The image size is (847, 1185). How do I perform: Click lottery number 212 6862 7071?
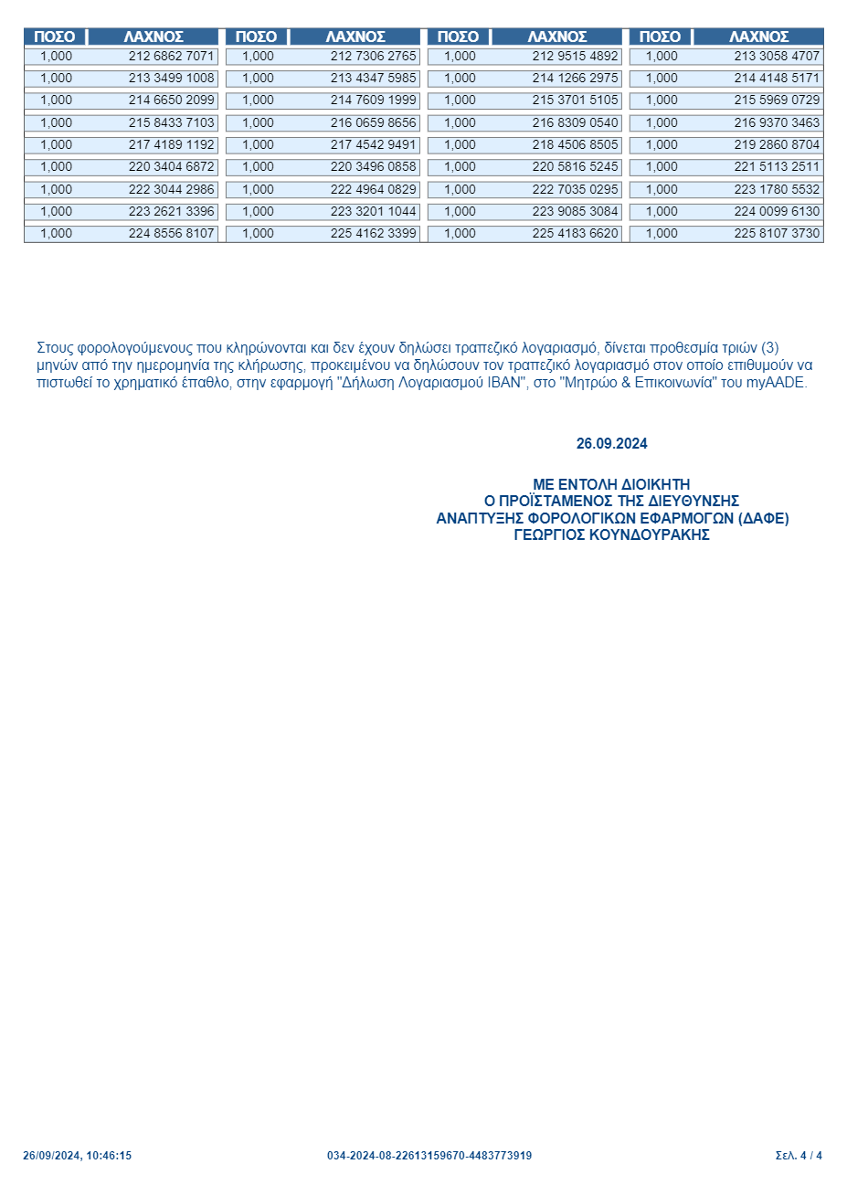pos(171,56)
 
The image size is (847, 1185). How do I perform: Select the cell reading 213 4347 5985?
pos(373,79)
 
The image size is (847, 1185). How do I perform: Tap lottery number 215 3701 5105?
pos(575,101)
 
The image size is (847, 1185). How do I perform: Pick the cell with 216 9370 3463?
pos(777,122)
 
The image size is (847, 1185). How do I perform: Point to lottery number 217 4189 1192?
pos(171,144)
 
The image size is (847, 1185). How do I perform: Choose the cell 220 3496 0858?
pos(373,167)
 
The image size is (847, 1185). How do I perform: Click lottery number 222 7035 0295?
pos(575,189)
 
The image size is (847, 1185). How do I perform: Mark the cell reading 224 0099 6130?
pos(777,211)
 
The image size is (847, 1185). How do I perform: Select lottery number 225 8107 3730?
pos(777,234)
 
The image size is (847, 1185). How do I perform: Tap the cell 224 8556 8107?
pos(171,234)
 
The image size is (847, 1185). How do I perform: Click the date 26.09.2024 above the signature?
pos(611,444)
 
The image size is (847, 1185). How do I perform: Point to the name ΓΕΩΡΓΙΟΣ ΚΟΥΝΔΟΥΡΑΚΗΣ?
pos(611,535)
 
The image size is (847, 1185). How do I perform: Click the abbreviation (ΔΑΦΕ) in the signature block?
pos(763,518)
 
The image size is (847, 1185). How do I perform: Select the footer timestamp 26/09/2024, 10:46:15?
pos(77,1156)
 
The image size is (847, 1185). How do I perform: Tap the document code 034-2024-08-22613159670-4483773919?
pos(429,1156)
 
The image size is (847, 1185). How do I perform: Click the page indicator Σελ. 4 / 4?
pos(799,1156)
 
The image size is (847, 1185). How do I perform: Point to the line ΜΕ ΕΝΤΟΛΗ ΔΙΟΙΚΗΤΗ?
pos(611,484)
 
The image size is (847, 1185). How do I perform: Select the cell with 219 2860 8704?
pos(777,144)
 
